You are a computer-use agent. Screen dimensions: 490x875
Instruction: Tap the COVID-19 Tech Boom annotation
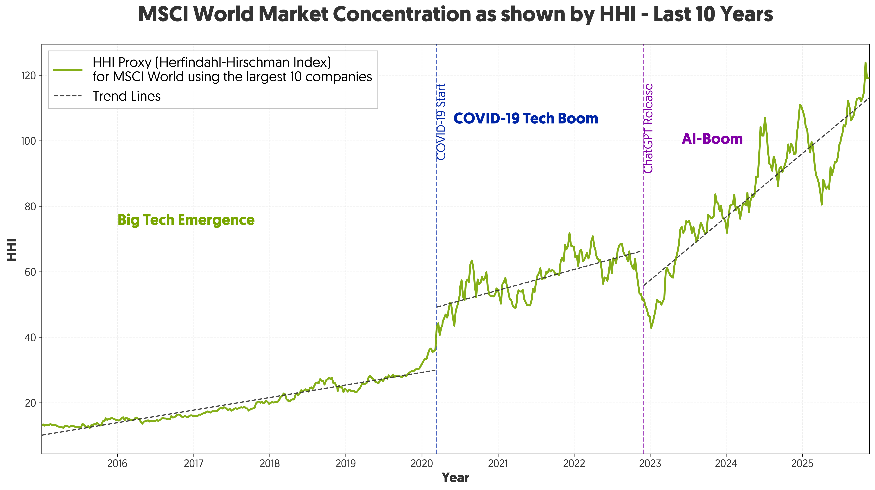point(525,119)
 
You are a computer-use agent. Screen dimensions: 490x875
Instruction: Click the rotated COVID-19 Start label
point(441,122)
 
